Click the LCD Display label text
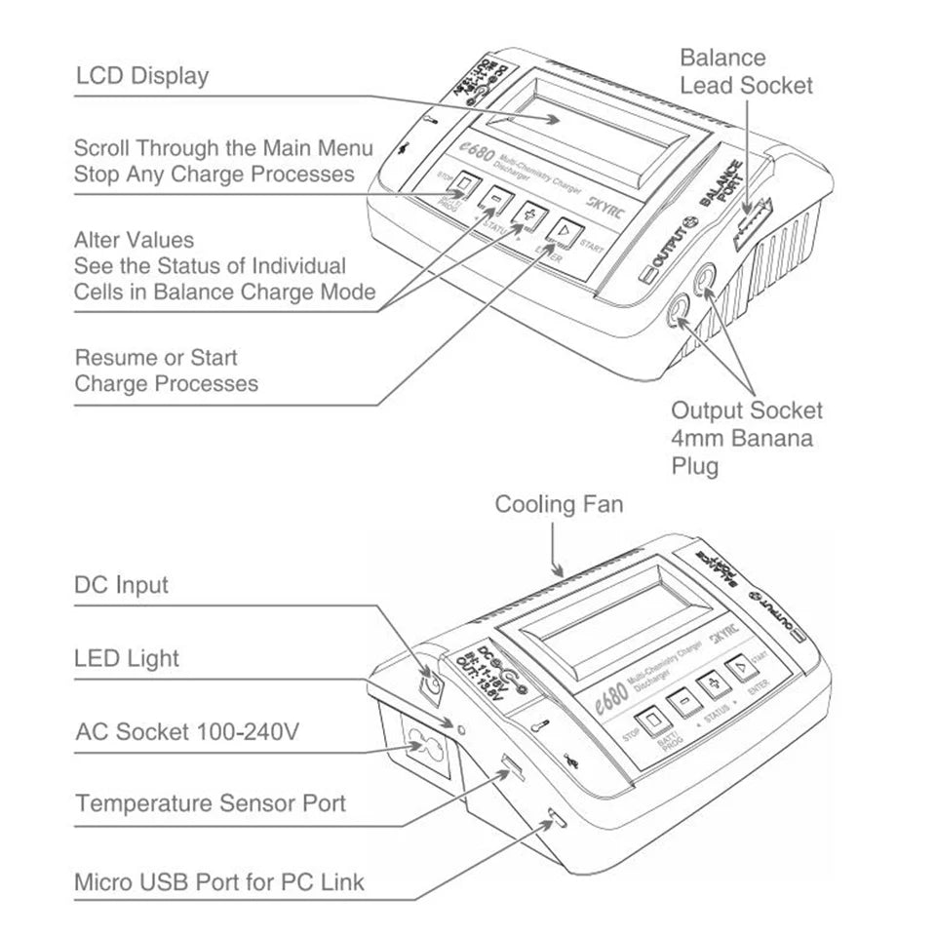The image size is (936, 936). (x=141, y=76)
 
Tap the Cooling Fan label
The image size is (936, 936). (x=558, y=504)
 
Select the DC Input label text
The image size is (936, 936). (x=121, y=585)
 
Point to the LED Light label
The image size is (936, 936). (x=127, y=658)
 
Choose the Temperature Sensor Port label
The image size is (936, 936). (x=210, y=804)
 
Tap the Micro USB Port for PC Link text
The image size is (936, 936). (x=219, y=882)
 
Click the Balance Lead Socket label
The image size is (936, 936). (x=746, y=71)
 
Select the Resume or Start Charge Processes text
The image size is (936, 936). (x=166, y=370)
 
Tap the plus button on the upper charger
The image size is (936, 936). (x=528, y=213)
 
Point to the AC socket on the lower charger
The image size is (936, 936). (x=422, y=752)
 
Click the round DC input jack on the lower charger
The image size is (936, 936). (x=430, y=689)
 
